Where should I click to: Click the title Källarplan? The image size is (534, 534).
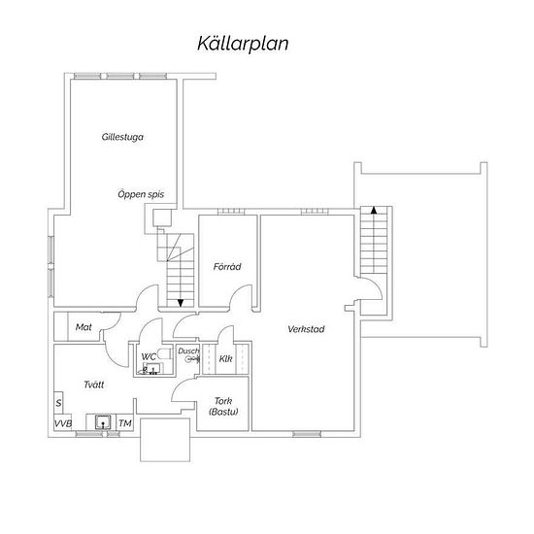[243, 44]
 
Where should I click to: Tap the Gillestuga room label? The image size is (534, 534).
[122, 137]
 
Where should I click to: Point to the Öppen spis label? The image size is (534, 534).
[141, 194]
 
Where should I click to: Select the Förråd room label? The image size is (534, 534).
[227, 266]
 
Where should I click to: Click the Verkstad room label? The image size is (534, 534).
[306, 329]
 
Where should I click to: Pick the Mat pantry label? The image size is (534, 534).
[83, 327]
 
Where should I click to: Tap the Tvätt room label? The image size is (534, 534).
[94, 384]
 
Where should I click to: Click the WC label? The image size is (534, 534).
[149, 356]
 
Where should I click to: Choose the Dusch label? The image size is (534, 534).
[188, 350]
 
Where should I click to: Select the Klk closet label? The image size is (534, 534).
[225, 358]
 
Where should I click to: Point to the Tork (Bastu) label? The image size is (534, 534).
[223, 406]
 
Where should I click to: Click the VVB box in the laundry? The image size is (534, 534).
[63, 423]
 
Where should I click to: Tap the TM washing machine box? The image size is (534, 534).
[125, 423]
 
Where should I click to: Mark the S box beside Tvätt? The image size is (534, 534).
[58, 403]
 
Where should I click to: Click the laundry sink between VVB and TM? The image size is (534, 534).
[103, 422]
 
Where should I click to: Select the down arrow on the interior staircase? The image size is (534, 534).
[181, 303]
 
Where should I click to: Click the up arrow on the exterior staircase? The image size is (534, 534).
[374, 210]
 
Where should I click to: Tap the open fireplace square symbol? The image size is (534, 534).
[162, 217]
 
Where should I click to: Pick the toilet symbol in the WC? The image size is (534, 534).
[164, 353]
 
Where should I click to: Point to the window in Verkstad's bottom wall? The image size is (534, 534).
[307, 434]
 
